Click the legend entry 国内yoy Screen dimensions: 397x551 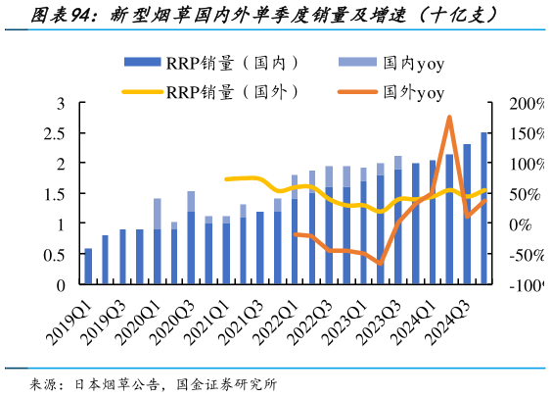[x=392, y=64]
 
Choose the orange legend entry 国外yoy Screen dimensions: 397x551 [x=392, y=92]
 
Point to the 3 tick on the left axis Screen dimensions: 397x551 [x=60, y=103]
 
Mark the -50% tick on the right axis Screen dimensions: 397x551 [x=525, y=255]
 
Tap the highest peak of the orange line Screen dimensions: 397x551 [x=449, y=117]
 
